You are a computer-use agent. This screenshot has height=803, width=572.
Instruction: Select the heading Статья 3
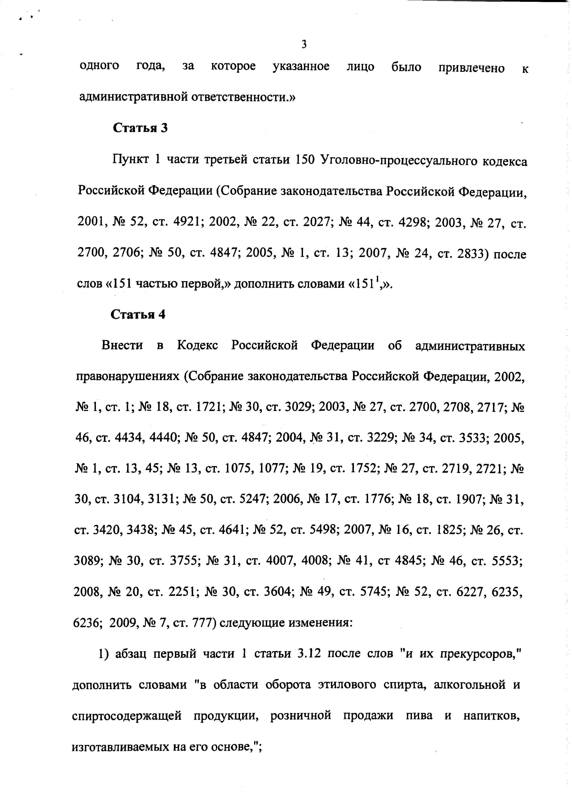[140, 128]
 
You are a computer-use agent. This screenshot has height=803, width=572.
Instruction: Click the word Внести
[122, 345]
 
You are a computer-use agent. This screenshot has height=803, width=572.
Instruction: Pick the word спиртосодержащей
[127, 716]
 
